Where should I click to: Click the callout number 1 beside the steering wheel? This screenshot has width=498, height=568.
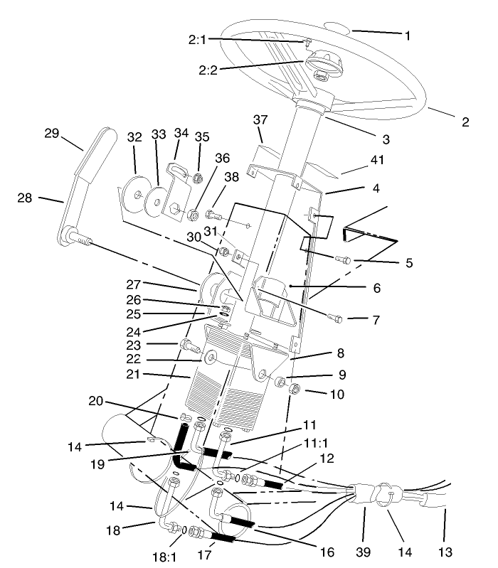coord(408,34)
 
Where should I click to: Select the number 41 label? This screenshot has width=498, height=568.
coord(376,161)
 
